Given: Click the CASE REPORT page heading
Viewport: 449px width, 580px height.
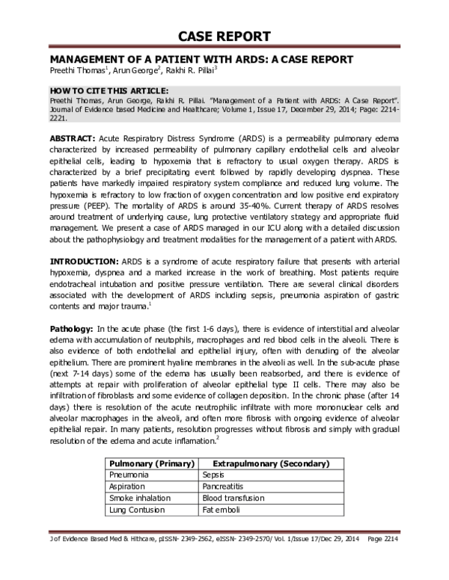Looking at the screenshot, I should [x=224, y=37].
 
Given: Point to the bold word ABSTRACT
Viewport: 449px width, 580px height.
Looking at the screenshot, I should [x=73, y=139].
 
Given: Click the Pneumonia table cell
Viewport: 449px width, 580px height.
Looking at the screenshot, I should [x=129, y=475].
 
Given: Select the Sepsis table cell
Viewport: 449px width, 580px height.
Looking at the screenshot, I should [x=214, y=475].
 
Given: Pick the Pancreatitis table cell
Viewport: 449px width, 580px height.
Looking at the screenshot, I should [x=224, y=486].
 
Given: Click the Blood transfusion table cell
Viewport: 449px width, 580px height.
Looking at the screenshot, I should [x=233, y=498].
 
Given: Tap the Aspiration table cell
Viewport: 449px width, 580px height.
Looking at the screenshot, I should [x=128, y=486].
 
